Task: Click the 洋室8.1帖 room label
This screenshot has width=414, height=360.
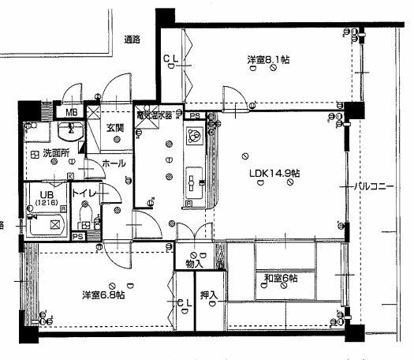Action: coord(263,59)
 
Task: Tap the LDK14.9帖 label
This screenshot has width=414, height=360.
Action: coord(273,173)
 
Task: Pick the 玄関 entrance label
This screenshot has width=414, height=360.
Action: coord(115,128)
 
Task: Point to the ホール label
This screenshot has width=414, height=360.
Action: coord(114,164)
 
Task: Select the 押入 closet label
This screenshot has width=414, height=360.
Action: coord(208,295)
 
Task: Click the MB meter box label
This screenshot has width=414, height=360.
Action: coord(72,112)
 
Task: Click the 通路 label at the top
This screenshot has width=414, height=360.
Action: coord(132,38)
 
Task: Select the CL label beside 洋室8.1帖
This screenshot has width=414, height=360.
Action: coord(170,58)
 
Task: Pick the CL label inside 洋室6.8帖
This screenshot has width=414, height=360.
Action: coord(183,302)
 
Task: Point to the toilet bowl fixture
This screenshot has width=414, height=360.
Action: coord(87,216)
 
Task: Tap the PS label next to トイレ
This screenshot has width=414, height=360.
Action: coord(78,235)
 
